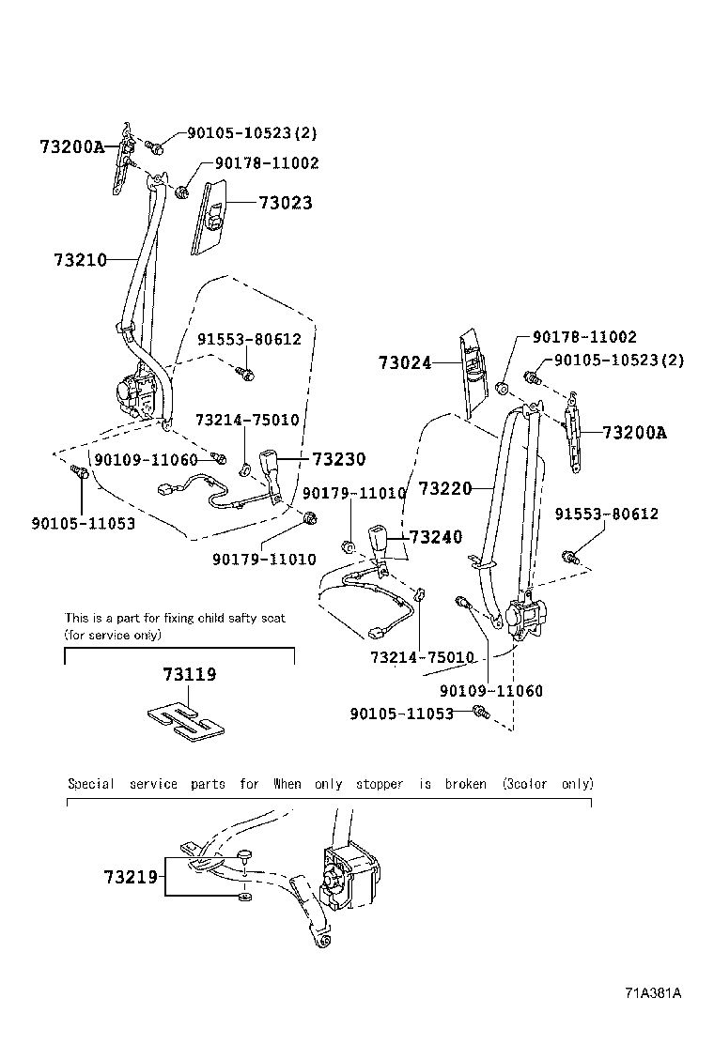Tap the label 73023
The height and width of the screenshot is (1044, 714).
tap(286, 203)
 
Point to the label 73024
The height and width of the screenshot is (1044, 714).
tap(405, 362)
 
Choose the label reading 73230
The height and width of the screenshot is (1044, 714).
tap(338, 459)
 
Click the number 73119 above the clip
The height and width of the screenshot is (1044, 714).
tap(190, 674)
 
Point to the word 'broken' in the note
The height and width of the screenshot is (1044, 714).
tap(466, 784)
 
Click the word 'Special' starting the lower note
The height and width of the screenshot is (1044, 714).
tap(91, 784)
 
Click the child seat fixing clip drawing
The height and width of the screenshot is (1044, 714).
tap(188, 723)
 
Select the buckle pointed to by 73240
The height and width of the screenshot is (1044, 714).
tap(386, 542)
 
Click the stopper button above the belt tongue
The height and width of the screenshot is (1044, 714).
tap(243, 855)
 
